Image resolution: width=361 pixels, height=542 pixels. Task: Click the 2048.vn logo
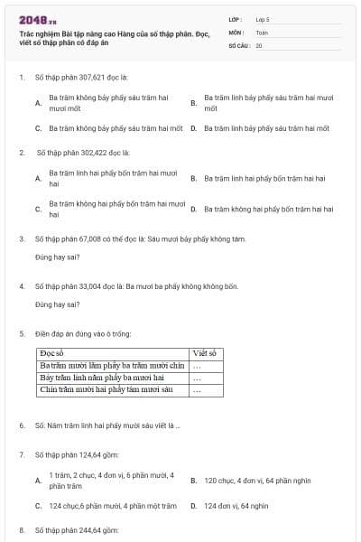[x=37, y=20]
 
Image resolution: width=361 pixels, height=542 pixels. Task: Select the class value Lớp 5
[x=262, y=19]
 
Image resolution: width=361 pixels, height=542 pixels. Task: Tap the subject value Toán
[x=262, y=32]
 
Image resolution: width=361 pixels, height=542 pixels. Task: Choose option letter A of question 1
[x=38, y=104]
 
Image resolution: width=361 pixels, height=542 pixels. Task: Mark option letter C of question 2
[x=38, y=210]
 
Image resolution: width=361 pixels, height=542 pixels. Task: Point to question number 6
[x=22, y=425]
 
